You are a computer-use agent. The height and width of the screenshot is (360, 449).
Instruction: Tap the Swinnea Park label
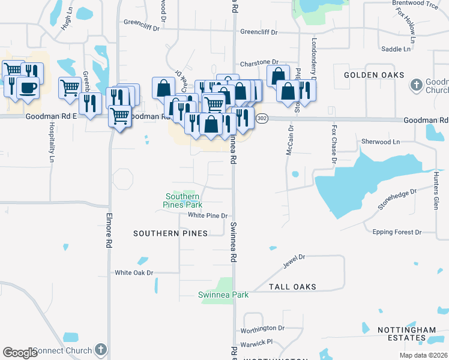click(x=223, y=295)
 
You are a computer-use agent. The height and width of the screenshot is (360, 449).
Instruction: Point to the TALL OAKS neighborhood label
click(x=292, y=287)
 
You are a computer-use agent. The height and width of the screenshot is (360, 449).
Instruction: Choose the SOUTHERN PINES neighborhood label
click(x=164, y=233)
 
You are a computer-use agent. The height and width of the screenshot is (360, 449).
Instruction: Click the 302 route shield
click(x=262, y=119)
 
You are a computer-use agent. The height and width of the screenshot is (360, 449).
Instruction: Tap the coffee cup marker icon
click(x=28, y=87)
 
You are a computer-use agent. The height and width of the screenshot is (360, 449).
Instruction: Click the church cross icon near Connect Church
click(x=101, y=350)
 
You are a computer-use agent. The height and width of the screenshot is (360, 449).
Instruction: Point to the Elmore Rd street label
click(x=109, y=228)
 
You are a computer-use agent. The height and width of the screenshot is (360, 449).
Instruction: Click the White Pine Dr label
click(x=208, y=215)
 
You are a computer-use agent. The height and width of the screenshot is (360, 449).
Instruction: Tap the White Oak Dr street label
click(x=134, y=272)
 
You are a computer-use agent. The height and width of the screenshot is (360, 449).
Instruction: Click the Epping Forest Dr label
click(x=397, y=232)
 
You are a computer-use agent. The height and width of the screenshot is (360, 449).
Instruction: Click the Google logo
click(x=20, y=353)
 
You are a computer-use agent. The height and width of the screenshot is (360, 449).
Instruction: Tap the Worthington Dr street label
click(x=262, y=328)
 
